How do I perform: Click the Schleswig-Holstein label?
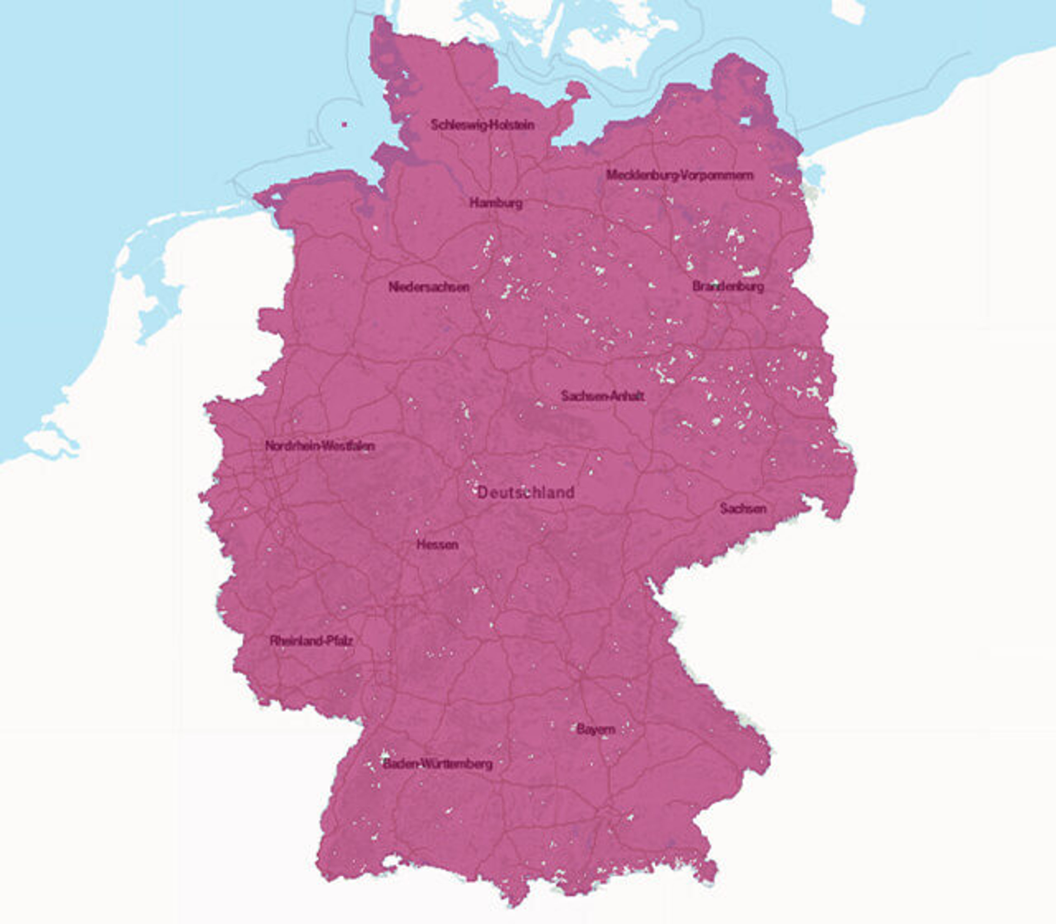482,125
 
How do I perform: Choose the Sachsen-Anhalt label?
602,396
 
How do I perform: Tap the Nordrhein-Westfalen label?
320,446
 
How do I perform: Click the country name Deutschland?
526,493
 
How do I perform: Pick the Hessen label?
437,544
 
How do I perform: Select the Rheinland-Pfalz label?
311,641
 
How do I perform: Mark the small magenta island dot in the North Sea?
344,124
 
